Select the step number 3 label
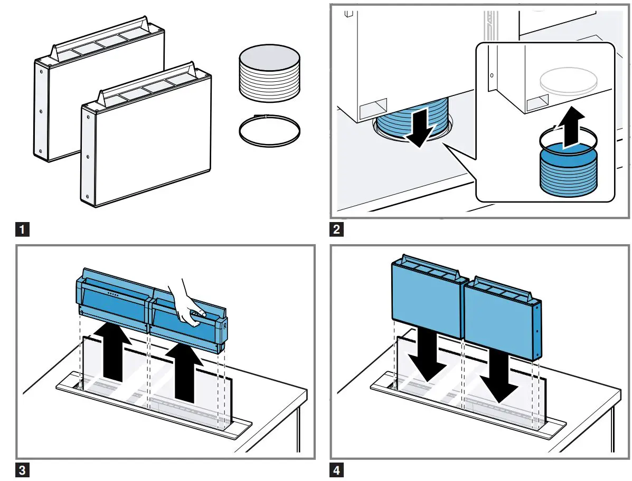click(21, 470)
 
